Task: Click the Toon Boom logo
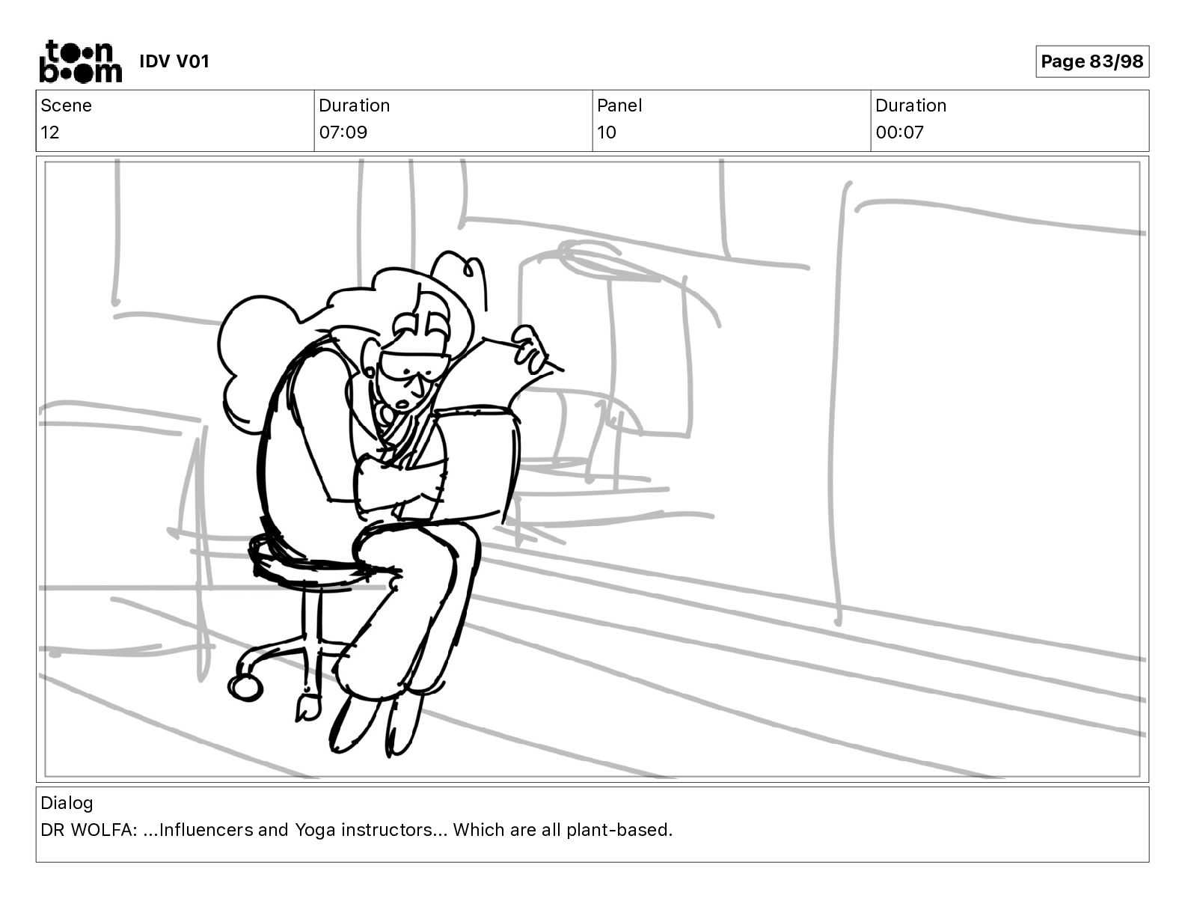tap(80, 61)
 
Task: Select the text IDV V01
tap(174, 61)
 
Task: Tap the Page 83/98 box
tap(1091, 61)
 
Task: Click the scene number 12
tap(50, 132)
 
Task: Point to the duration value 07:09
tap(343, 132)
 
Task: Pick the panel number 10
tap(606, 132)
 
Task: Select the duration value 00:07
tap(899, 132)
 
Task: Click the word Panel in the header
tap(619, 106)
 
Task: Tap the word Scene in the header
tap(66, 106)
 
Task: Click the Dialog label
tap(67, 803)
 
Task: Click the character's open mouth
tap(402, 404)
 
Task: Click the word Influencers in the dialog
tap(198, 830)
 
